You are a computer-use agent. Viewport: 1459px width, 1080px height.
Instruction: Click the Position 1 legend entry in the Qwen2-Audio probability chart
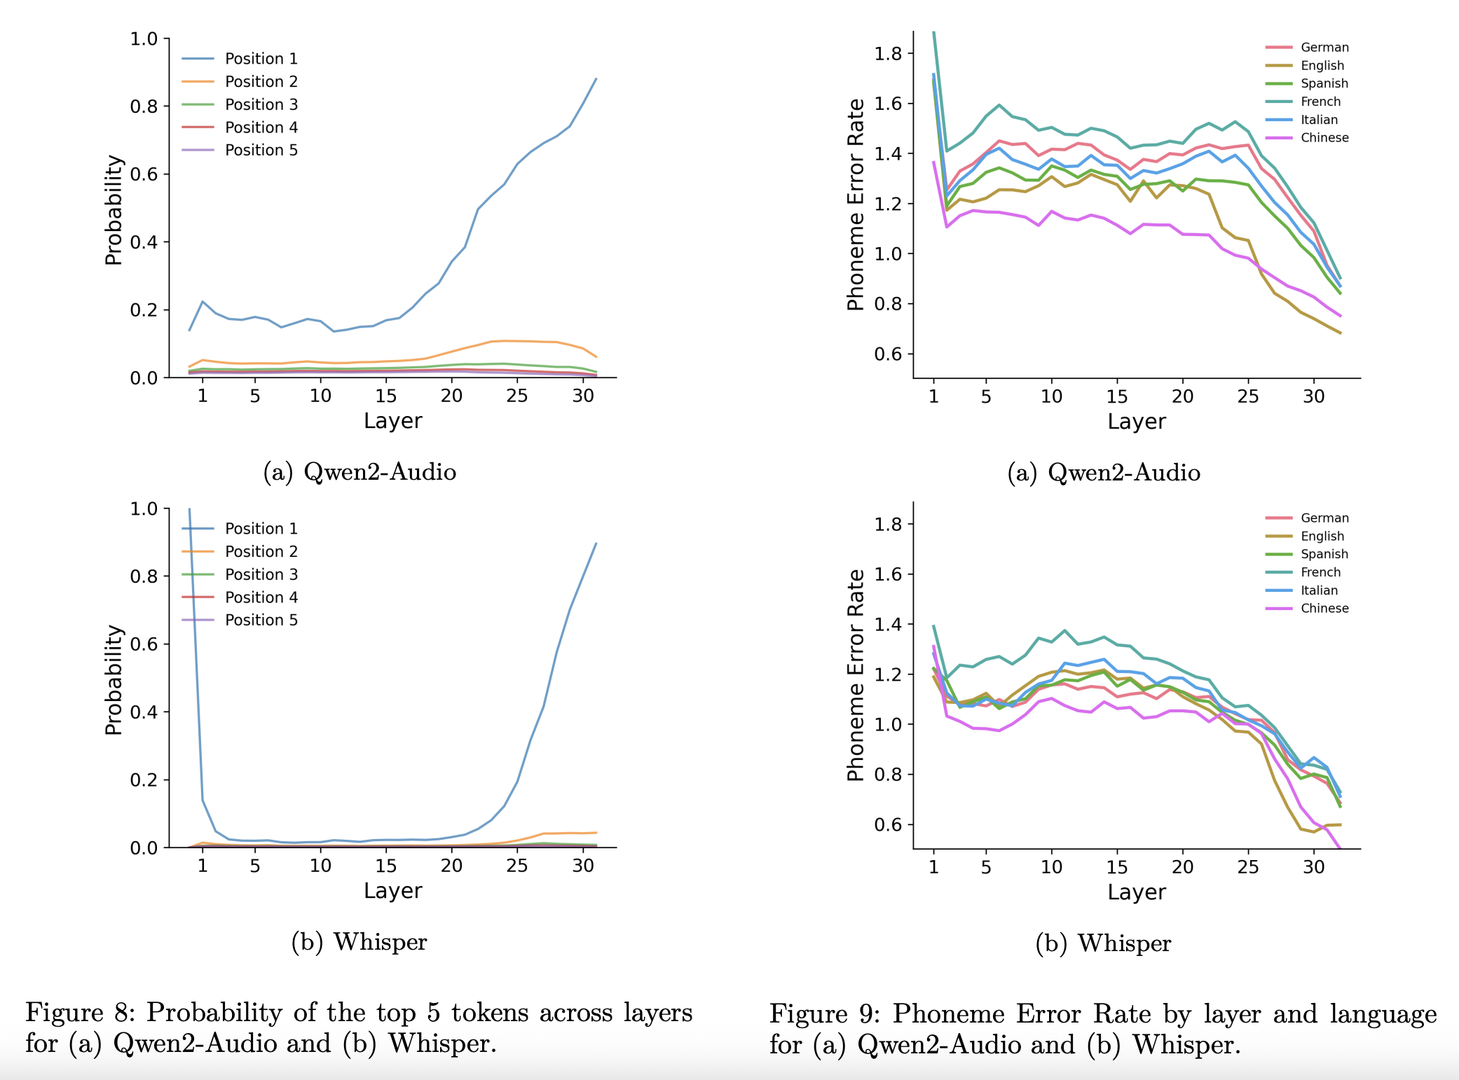[x=261, y=59]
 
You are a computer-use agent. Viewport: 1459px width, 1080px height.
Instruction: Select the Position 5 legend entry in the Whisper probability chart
[x=261, y=621]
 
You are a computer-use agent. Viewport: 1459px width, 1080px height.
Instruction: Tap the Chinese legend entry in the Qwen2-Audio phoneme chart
[x=1324, y=138]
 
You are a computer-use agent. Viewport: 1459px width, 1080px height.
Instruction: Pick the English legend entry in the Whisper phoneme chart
[x=1322, y=536]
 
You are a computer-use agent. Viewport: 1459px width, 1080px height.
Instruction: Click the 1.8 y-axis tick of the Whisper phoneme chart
[x=888, y=525]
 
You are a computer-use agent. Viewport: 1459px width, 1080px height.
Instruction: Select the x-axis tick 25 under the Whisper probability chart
[x=516, y=866]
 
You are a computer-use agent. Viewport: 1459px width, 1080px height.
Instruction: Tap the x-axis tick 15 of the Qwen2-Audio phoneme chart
[x=1116, y=397]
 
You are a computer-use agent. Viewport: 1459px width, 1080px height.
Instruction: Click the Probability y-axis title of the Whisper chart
[x=114, y=679]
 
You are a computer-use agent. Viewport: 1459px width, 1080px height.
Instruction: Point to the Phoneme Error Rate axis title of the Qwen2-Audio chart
[x=856, y=205]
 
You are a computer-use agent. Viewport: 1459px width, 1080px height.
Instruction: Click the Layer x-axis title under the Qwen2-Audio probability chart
[x=392, y=421]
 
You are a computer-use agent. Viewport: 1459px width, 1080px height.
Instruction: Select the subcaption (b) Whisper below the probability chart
[x=359, y=942]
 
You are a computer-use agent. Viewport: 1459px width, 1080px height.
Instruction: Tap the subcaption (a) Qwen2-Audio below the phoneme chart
[x=1103, y=473]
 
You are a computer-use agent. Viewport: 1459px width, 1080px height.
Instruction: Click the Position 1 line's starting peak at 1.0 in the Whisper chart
[x=189, y=510]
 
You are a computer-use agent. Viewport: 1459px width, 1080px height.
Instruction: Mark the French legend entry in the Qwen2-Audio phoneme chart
[x=1320, y=102]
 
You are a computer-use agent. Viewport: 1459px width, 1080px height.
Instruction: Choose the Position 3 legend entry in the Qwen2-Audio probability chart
[x=261, y=105]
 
